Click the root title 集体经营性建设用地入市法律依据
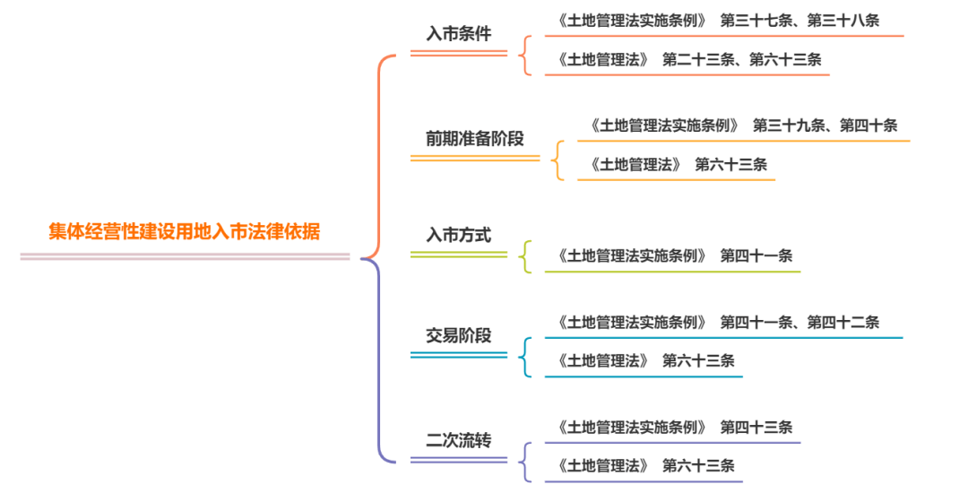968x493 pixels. click(184, 231)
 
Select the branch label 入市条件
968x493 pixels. click(458, 34)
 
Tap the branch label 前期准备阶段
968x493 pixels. click(474, 139)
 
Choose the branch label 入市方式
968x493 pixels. click(458, 236)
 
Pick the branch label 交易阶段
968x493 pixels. click(458, 336)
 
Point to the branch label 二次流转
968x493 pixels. click(458, 440)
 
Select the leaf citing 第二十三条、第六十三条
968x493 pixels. click(688, 59)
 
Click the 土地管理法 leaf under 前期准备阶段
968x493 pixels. click(678, 165)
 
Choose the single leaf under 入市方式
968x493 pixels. click(674, 255)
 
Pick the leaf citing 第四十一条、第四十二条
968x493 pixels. click(717, 322)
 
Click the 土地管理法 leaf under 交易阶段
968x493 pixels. click(645, 360)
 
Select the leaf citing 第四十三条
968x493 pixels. click(674, 427)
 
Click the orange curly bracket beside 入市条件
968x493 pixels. click(525, 55)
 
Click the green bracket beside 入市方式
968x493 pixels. click(525, 256)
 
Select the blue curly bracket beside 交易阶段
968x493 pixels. click(525, 356)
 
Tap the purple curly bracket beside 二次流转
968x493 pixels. click(525, 462)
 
